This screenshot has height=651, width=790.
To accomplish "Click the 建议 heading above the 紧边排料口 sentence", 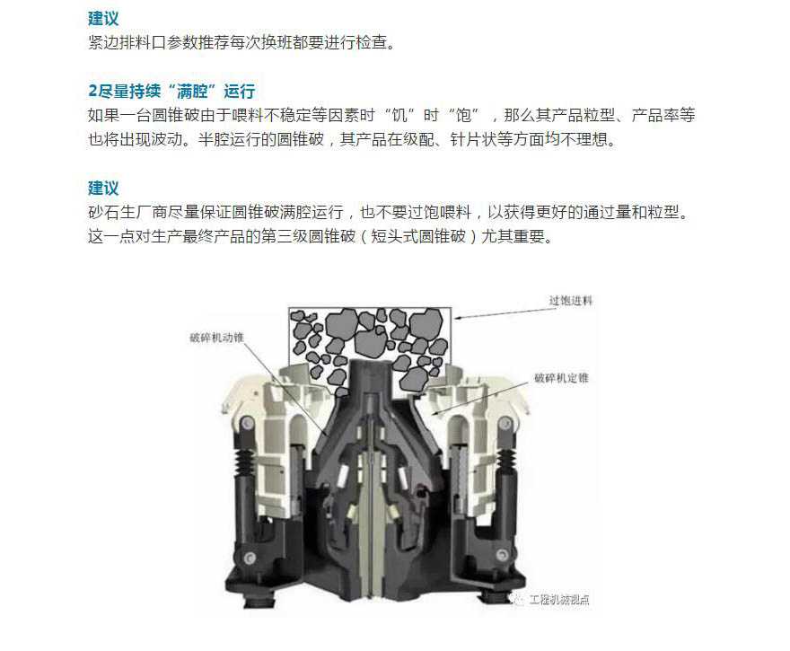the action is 103,19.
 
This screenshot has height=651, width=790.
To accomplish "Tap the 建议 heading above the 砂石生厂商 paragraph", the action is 103,188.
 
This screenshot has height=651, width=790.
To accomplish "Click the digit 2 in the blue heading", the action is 92,92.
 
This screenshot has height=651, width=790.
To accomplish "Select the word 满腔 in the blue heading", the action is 192,92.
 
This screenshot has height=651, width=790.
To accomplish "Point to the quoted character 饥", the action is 399,116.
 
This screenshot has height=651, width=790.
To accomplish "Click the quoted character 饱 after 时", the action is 463,116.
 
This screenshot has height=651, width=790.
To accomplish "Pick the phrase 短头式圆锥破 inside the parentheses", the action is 418,236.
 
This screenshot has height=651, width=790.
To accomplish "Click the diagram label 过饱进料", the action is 571,301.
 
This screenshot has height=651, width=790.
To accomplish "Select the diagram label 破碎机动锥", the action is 216,338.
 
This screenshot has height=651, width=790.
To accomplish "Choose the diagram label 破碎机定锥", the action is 561,378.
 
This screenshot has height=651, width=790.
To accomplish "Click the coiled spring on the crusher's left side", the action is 245,462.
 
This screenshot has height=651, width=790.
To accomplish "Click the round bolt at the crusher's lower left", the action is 250,557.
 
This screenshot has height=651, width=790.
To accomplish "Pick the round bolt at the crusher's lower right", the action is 502,555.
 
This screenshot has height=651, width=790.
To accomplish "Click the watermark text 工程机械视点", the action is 559,600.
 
